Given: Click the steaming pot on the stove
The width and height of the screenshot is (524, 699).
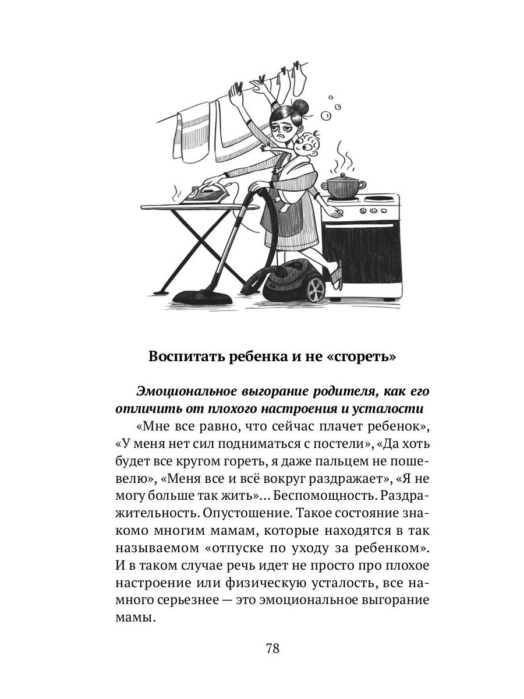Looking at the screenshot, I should pyautogui.click(x=344, y=187).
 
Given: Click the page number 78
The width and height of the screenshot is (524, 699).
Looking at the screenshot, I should pyautogui.click(x=272, y=648).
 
